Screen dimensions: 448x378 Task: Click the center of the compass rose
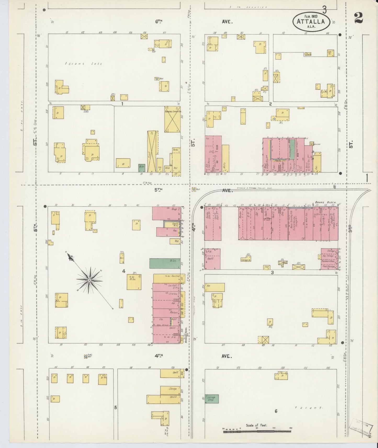[89, 280]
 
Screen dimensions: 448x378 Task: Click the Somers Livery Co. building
[172, 119]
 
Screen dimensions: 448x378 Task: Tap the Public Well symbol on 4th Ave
[86, 357]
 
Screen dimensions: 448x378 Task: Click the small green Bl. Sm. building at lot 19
[142, 168]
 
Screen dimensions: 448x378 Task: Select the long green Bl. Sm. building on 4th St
[165, 263]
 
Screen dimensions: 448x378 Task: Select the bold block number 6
[276, 411]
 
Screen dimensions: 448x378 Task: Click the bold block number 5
[115, 407]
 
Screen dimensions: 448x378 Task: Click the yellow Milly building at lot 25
[225, 159]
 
